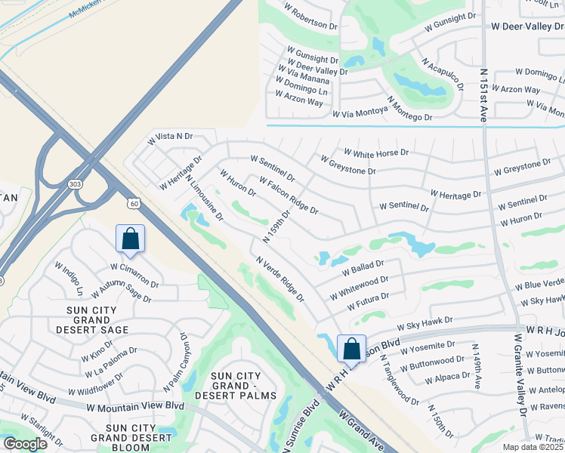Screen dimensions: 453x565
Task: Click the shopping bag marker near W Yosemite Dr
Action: (351, 349)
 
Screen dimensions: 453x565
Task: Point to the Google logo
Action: (25, 444)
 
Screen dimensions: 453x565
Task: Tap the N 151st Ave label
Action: (483, 93)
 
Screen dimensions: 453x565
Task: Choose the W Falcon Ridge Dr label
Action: (288, 195)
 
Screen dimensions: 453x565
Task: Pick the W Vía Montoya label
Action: (359, 111)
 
